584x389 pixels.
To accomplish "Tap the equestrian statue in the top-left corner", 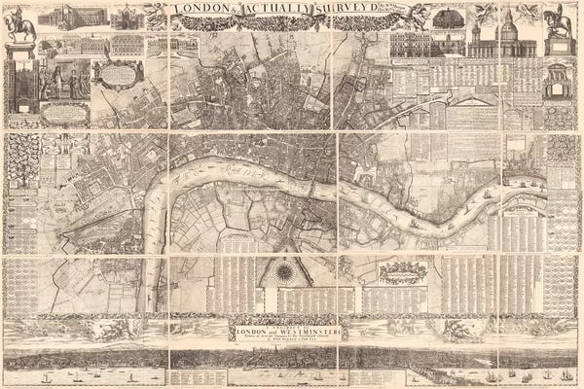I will coord(19,26).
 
